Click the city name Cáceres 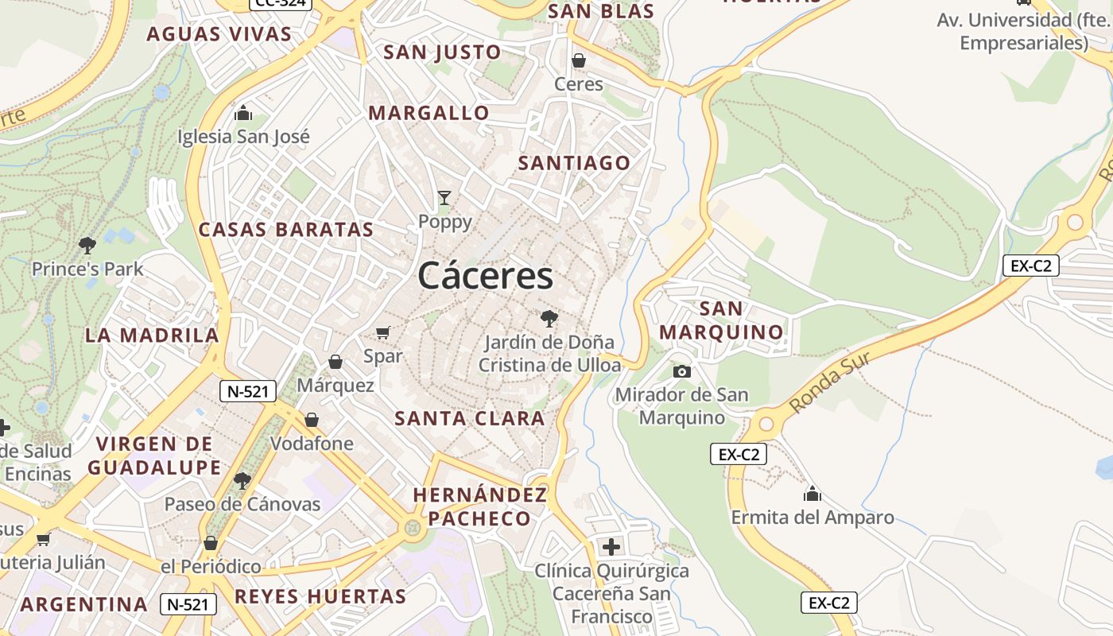click(485, 276)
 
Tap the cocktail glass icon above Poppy click(444, 198)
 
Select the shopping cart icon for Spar click(383, 332)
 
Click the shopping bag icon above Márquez click(335, 363)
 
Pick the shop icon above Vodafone click(312, 420)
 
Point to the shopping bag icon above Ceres click(579, 60)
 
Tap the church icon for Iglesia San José click(243, 113)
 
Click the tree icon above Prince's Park click(87, 246)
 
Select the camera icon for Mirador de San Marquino click(681, 371)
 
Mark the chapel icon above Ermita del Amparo click(812, 494)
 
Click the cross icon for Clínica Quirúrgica click(611, 547)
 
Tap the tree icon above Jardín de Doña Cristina click(549, 320)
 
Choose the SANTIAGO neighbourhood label click(574, 163)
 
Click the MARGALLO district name click(429, 113)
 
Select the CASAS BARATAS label click(285, 230)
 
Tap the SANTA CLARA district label click(470, 418)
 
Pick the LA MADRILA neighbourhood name click(152, 335)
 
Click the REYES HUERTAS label click(320, 596)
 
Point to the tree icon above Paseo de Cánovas click(242, 481)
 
